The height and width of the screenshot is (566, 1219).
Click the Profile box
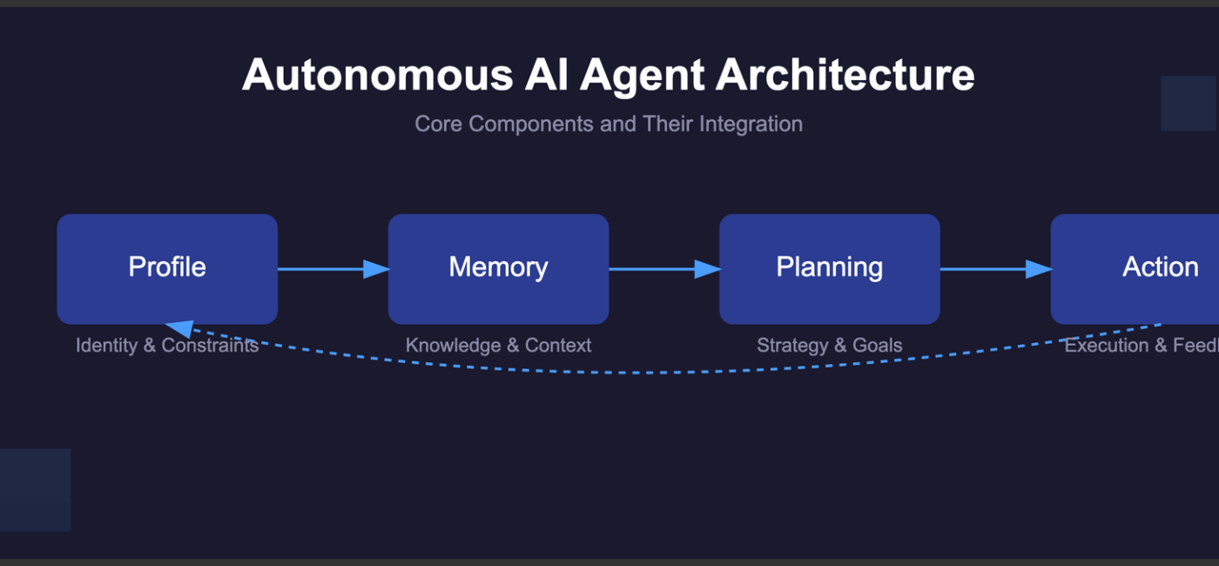point(167,268)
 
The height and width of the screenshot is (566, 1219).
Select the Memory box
point(498,268)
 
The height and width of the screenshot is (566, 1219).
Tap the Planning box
point(829,268)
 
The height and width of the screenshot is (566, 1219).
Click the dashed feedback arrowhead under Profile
point(179,327)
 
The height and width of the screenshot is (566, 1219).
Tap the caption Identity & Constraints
point(167,346)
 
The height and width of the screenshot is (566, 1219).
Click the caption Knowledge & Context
point(498,346)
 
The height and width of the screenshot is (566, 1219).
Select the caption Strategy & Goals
point(829,346)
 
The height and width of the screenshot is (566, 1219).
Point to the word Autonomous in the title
point(377,75)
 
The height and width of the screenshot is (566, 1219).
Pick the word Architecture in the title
point(845,75)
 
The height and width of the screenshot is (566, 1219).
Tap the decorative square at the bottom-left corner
point(35,489)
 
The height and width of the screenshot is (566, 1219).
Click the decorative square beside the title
point(1189,104)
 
